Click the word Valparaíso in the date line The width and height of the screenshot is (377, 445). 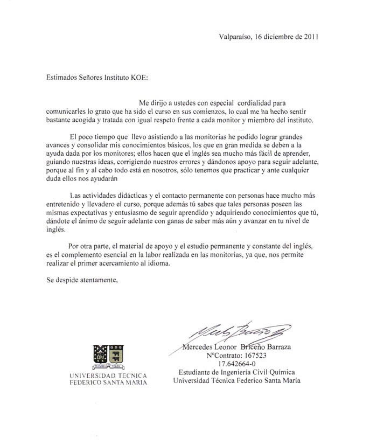click(x=235, y=37)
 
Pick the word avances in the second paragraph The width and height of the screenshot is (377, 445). click(x=57, y=146)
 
